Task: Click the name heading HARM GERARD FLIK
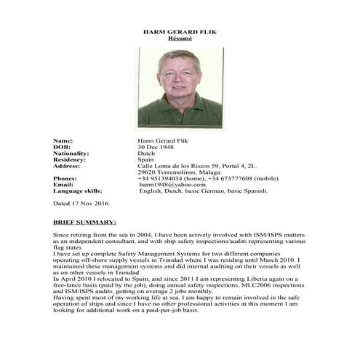point(180,33)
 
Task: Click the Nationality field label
point(71,153)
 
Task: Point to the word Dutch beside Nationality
point(146,153)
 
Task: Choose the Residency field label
point(70,160)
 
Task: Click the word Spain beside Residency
point(146,160)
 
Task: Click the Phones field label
point(65,179)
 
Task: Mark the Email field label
point(63,185)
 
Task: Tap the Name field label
point(63,140)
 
